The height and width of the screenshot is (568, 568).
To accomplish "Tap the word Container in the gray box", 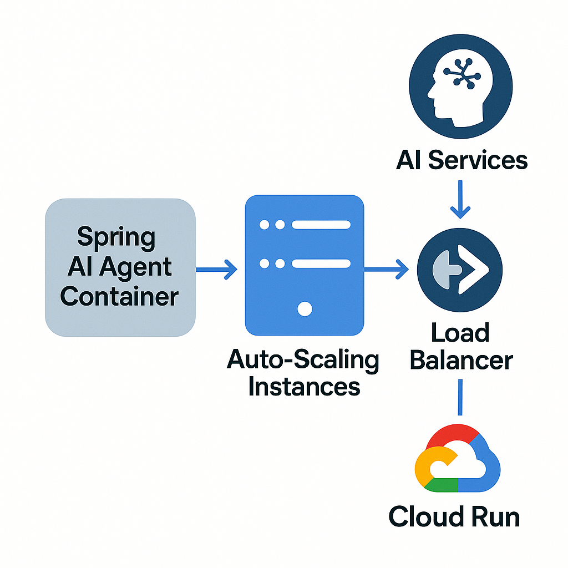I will click(119, 297).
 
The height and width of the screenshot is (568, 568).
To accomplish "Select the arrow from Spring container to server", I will click(217, 270).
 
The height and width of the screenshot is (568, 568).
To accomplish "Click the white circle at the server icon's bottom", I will click(305, 309).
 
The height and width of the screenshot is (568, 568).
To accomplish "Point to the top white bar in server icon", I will click(321, 225).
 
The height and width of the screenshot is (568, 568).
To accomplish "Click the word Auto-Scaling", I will click(303, 361).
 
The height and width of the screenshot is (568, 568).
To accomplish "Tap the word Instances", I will click(304, 386).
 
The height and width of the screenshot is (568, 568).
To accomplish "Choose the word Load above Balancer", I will click(460, 334).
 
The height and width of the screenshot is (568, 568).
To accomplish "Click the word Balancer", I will click(461, 361).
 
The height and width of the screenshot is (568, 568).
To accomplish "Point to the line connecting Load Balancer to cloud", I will click(459, 397).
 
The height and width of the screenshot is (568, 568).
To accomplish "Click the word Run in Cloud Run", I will click(492, 517).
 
